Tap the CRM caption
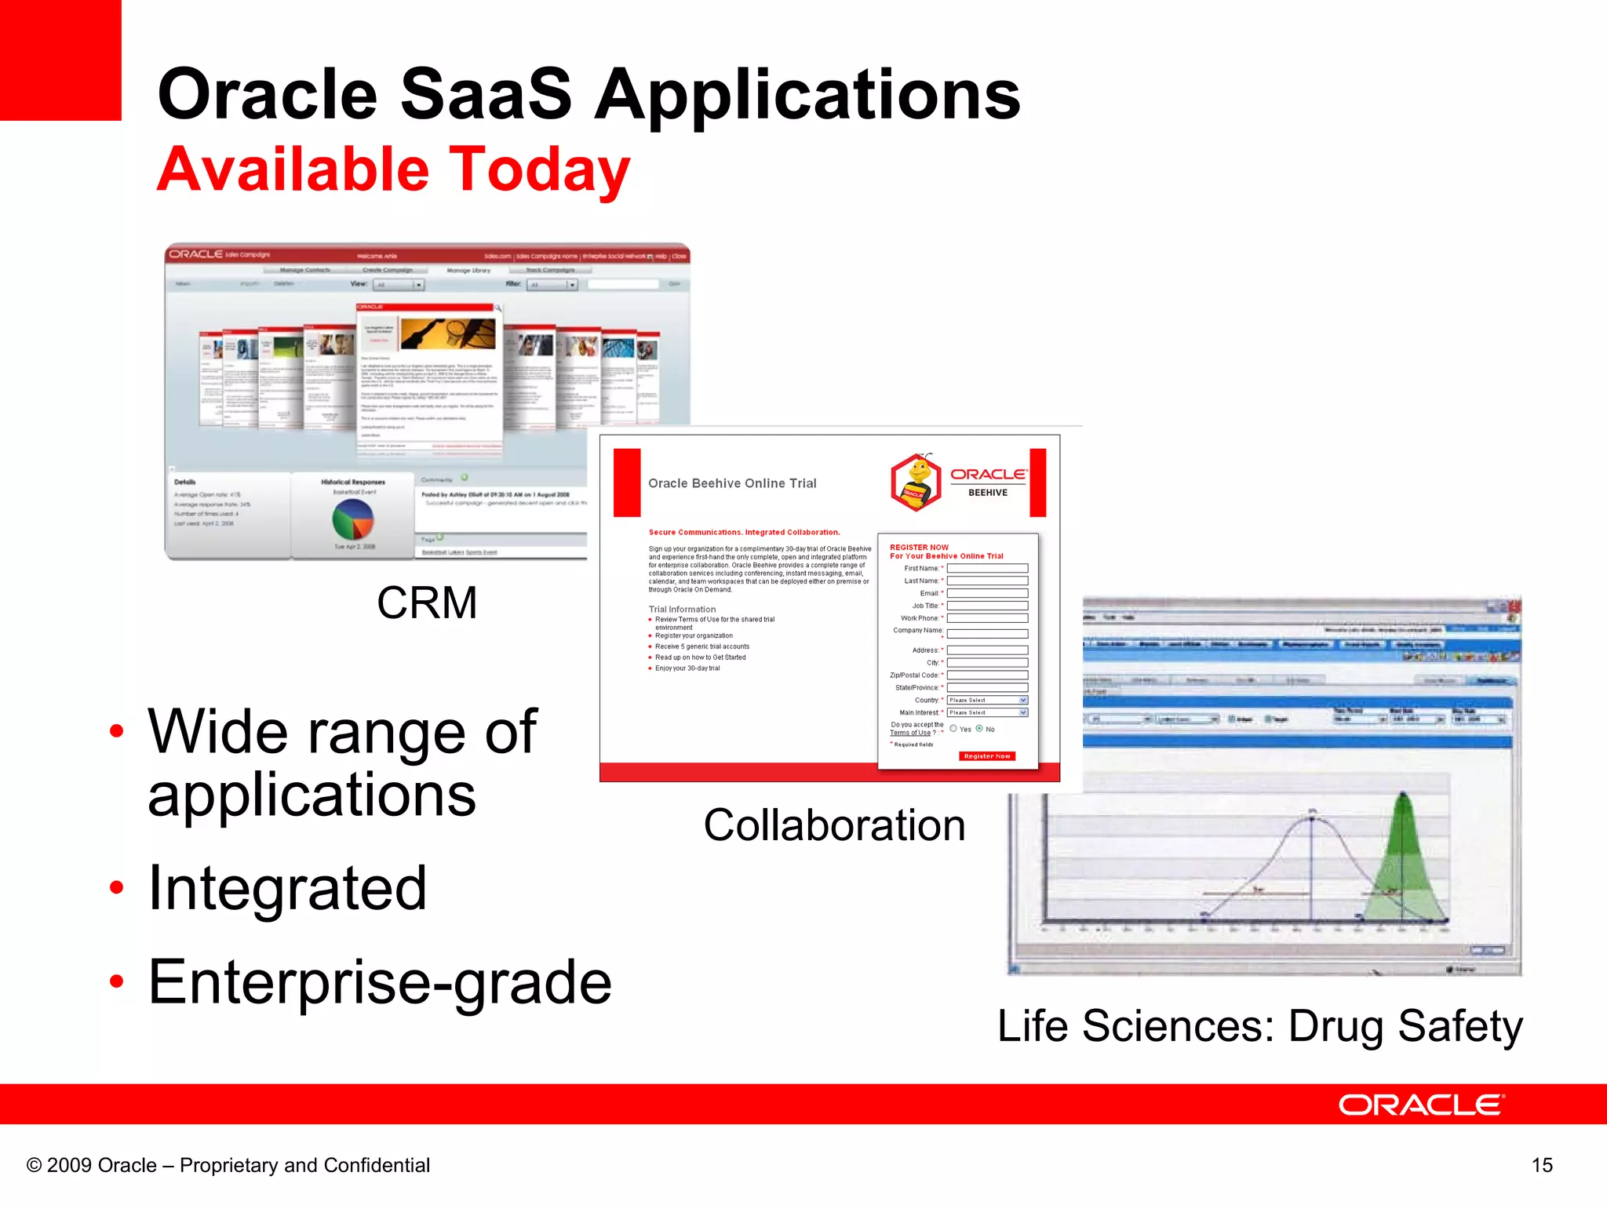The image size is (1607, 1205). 427,602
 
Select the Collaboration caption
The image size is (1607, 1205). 834,825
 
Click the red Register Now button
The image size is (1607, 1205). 986,756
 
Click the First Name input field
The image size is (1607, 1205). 987,568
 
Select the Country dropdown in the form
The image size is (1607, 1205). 987,700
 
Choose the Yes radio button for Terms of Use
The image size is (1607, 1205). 953,729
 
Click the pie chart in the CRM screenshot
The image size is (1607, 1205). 353,519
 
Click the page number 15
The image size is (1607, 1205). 1541,1165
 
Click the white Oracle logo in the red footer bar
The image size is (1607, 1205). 1420,1105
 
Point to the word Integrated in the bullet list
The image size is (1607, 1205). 287,888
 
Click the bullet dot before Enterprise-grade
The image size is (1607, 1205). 117,981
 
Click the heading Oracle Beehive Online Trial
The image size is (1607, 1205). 732,483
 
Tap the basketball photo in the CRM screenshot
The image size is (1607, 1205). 448,333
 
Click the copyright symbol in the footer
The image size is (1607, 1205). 34,1165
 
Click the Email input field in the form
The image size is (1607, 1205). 987,593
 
